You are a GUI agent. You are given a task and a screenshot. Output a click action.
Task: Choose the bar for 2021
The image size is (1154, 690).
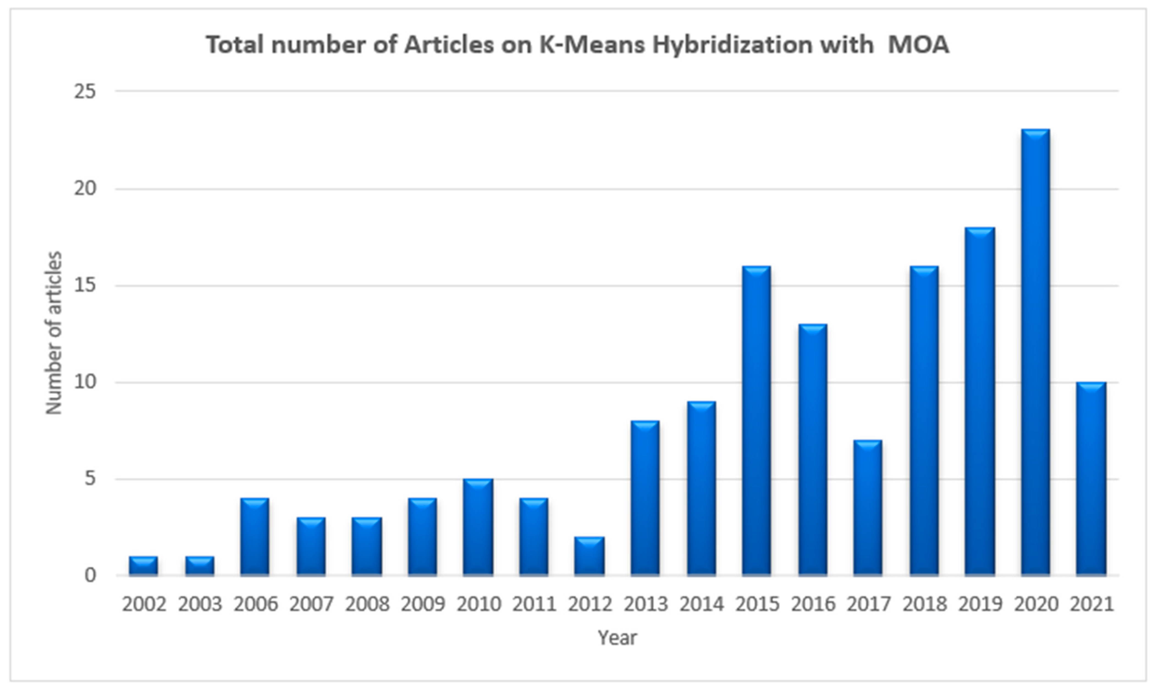coord(1091,479)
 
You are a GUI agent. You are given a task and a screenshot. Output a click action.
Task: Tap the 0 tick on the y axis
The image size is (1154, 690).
coord(90,576)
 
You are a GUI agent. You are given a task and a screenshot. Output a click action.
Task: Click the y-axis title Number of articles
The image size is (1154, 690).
coord(54,333)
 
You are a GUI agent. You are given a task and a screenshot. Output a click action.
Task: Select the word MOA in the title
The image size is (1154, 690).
coord(918,45)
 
